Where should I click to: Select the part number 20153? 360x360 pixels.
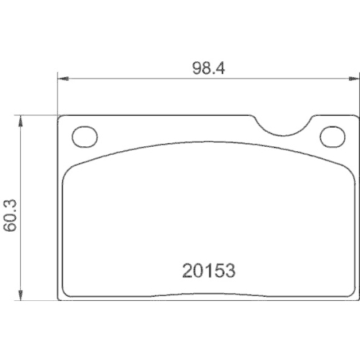point(208,271)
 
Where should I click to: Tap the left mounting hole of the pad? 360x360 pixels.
point(85,136)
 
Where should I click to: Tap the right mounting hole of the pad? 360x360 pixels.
point(332,136)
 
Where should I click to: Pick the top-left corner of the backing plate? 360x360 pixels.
point(60,117)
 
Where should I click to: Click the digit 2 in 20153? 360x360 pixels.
point(186,271)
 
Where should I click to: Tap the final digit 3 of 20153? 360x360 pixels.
point(231,271)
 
